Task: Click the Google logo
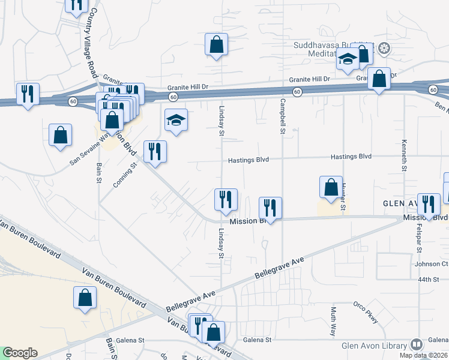click(x=20, y=353)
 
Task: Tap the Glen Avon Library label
click(x=366, y=344)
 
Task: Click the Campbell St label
click(x=282, y=116)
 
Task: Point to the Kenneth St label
click(x=404, y=157)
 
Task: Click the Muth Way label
click(x=333, y=321)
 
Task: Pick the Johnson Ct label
click(x=431, y=263)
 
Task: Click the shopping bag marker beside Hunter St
click(x=331, y=187)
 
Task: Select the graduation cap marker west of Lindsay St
click(x=176, y=121)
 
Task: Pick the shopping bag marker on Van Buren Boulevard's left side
click(x=85, y=298)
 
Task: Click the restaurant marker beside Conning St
click(x=155, y=152)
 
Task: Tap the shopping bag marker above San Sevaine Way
click(x=61, y=136)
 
